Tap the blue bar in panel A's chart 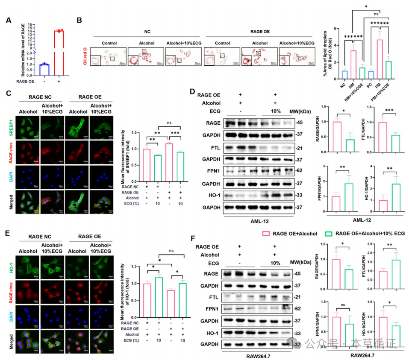tap(41, 71)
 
